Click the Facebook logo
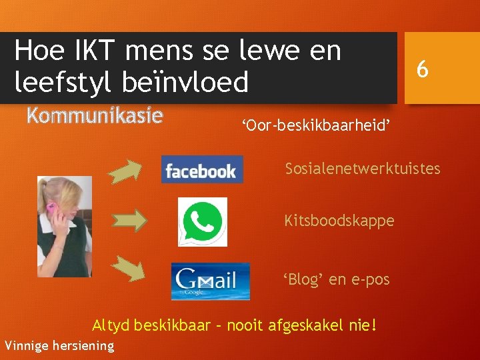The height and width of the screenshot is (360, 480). (x=202, y=169)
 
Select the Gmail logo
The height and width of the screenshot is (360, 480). (x=210, y=281)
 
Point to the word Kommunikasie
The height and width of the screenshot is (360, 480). (x=95, y=115)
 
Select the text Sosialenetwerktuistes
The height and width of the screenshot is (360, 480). (x=363, y=168)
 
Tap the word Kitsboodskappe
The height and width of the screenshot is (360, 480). (x=339, y=220)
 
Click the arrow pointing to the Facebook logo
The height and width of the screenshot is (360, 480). (x=125, y=171)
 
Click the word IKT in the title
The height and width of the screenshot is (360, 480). (x=85, y=51)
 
